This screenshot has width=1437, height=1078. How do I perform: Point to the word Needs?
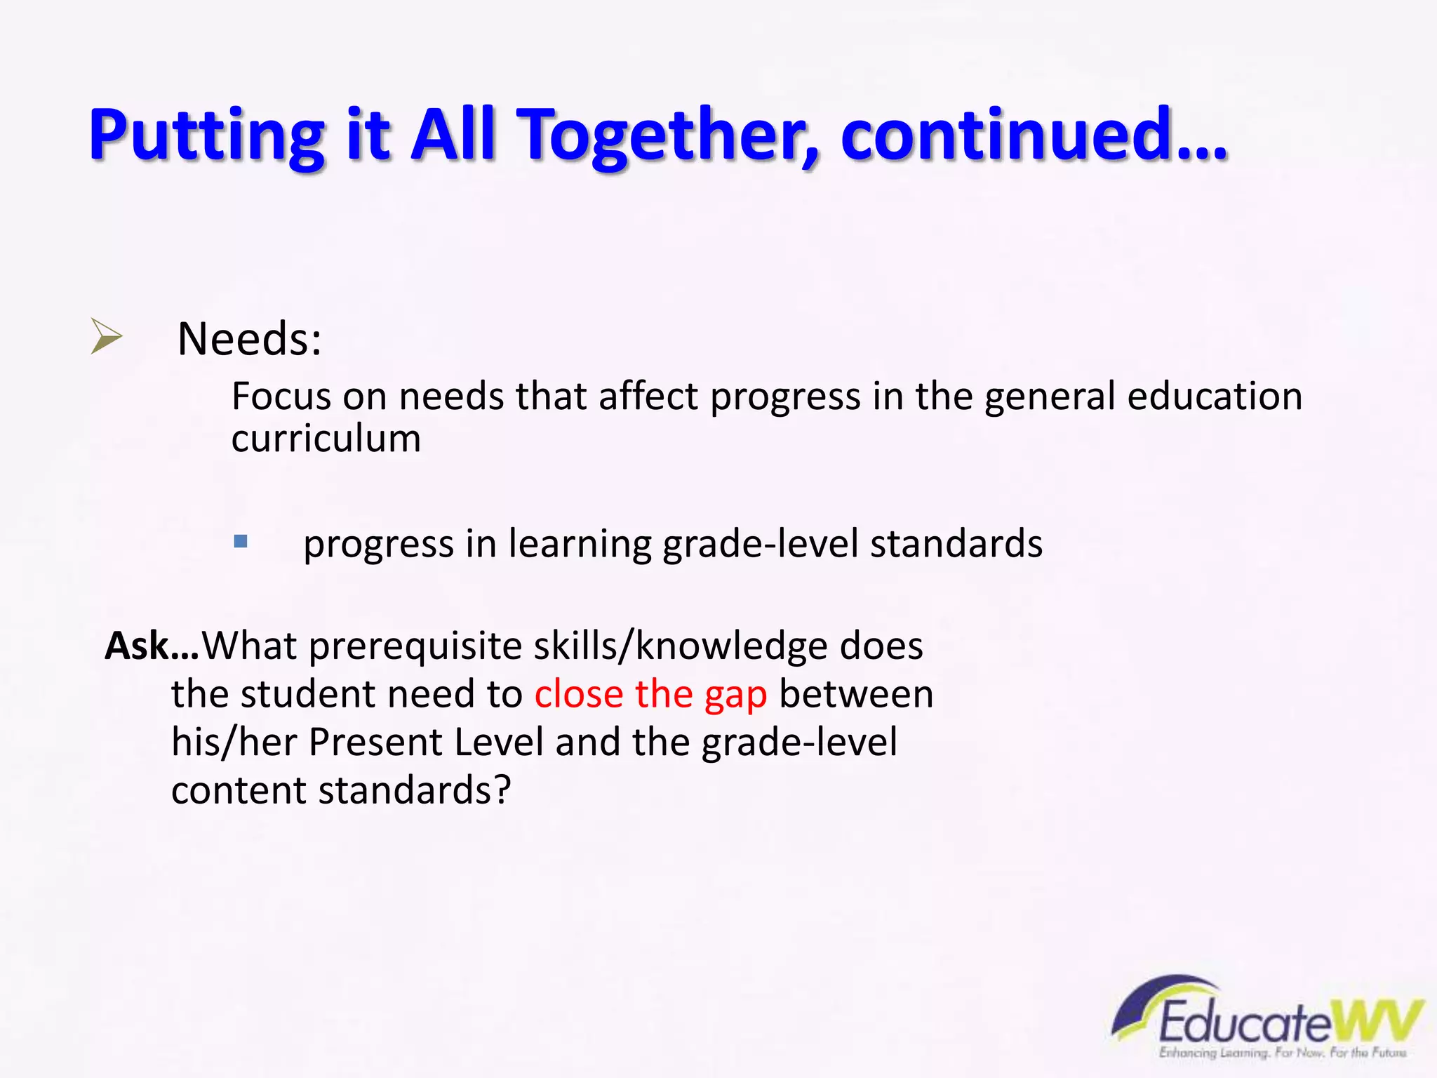(x=249, y=339)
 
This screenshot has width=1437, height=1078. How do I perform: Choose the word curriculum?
(x=326, y=439)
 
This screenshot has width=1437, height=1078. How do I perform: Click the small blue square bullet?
(x=241, y=541)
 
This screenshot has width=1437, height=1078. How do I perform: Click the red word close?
(x=578, y=695)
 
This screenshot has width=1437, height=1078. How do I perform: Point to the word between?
(x=856, y=695)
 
